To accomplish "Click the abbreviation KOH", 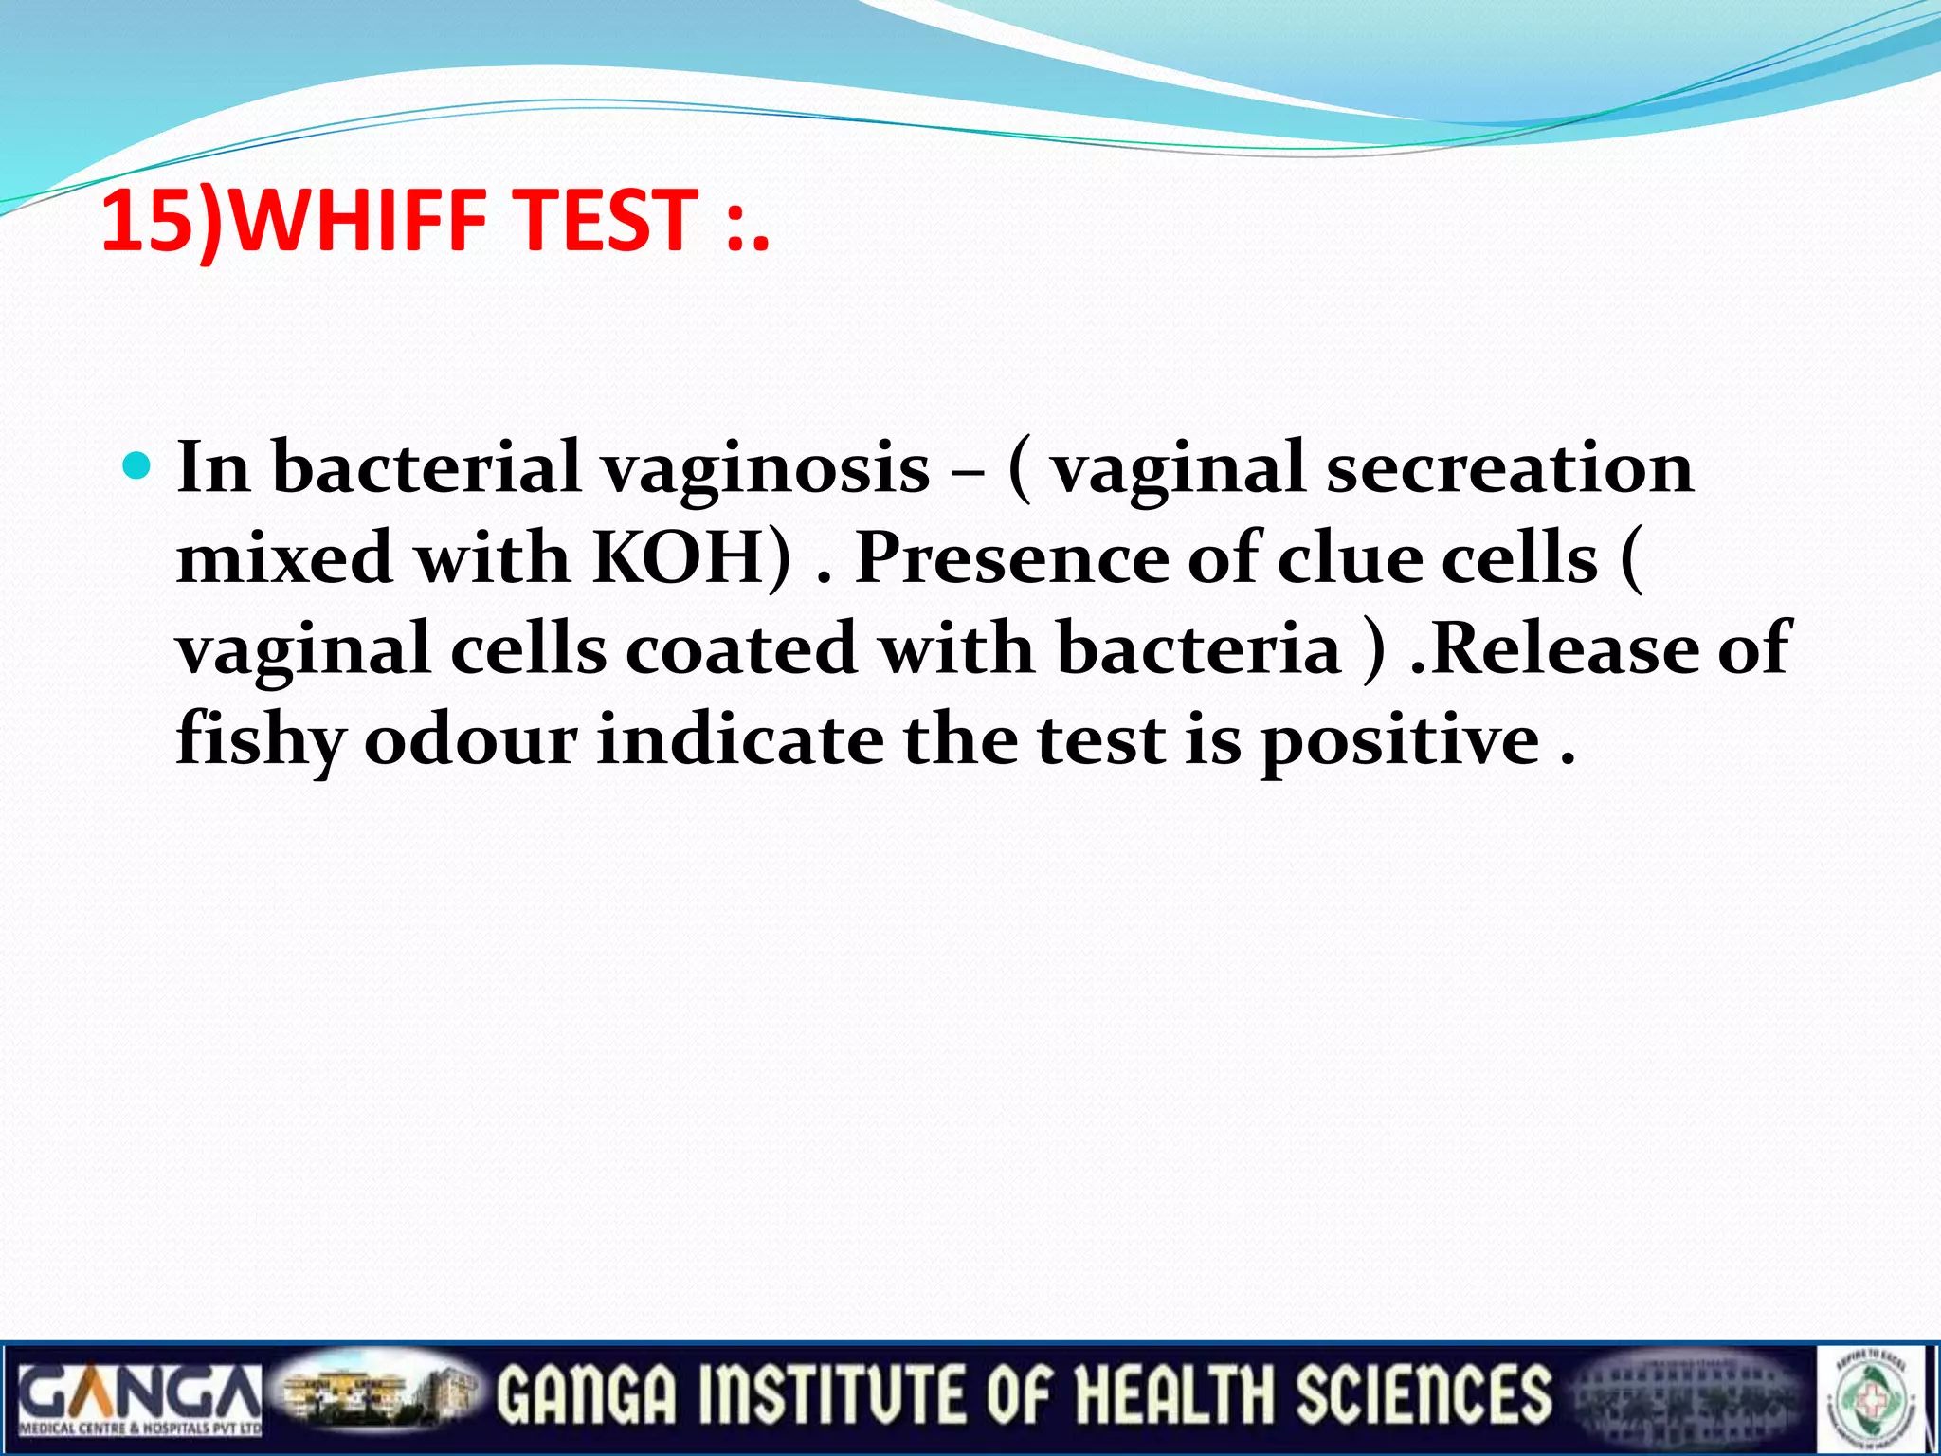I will pos(679,558).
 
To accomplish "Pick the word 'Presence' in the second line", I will pos(1012,558).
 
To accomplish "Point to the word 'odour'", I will pos(470,740).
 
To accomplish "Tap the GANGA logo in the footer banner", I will pos(138,1394).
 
